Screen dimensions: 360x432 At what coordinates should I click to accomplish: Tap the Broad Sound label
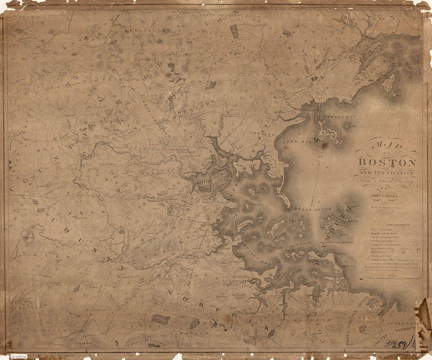click(312, 209)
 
